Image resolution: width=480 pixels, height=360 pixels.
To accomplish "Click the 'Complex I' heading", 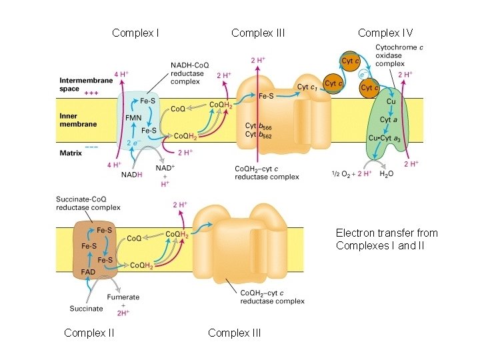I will click(x=135, y=33).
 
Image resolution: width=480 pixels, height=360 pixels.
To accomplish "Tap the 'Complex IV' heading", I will click(x=385, y=33).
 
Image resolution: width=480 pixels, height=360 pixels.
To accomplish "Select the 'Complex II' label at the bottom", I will click(x=89, y=333).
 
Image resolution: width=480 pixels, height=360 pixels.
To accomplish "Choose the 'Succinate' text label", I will click(x=86, y=308).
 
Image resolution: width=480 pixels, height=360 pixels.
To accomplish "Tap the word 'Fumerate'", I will click(x=123, y=297).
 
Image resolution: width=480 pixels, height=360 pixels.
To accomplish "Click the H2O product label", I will click(x=387, y=174).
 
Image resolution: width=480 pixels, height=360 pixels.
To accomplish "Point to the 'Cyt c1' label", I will click(x=307, y=87).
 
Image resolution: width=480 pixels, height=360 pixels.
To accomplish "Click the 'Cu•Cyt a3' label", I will click(x=385, y=138).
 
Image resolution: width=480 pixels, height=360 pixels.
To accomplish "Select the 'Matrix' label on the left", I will click(x=71, y=153).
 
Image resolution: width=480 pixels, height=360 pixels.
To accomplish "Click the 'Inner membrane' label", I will click(x=78, y=120).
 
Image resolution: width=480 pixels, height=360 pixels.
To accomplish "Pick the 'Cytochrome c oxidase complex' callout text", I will click(x=399, y=56).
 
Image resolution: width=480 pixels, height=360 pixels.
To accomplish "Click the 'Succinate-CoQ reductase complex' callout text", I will click(x=88, y=203).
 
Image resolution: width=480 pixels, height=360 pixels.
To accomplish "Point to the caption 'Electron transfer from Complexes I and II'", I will click(x=387, y=239).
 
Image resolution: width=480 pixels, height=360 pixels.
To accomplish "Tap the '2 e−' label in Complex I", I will click(x=133, y=143).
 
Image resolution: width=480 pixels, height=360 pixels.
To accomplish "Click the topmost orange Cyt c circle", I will click(x=348, y=61).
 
